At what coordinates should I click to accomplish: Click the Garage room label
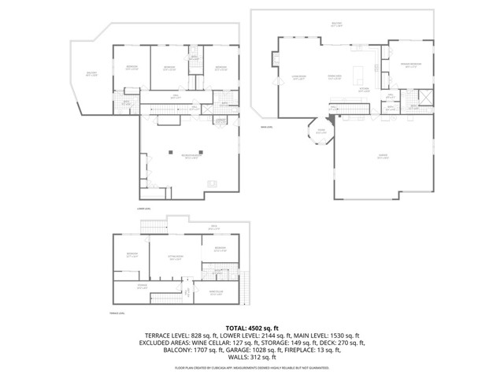pos(382,157)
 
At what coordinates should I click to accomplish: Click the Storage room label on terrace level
pos(143,287)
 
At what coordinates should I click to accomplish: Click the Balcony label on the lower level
pos(91,75)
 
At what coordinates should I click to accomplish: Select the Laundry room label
pos(221,120)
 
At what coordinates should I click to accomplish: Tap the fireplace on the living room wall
pos(276,60)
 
